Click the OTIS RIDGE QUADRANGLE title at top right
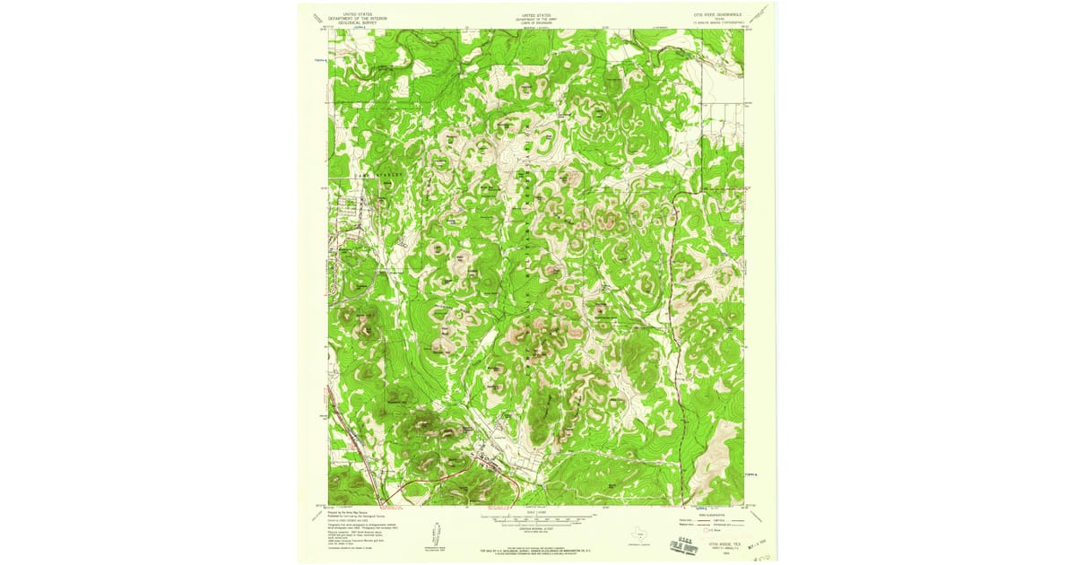[x=718, y=14]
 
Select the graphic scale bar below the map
[x=538, y=518]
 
